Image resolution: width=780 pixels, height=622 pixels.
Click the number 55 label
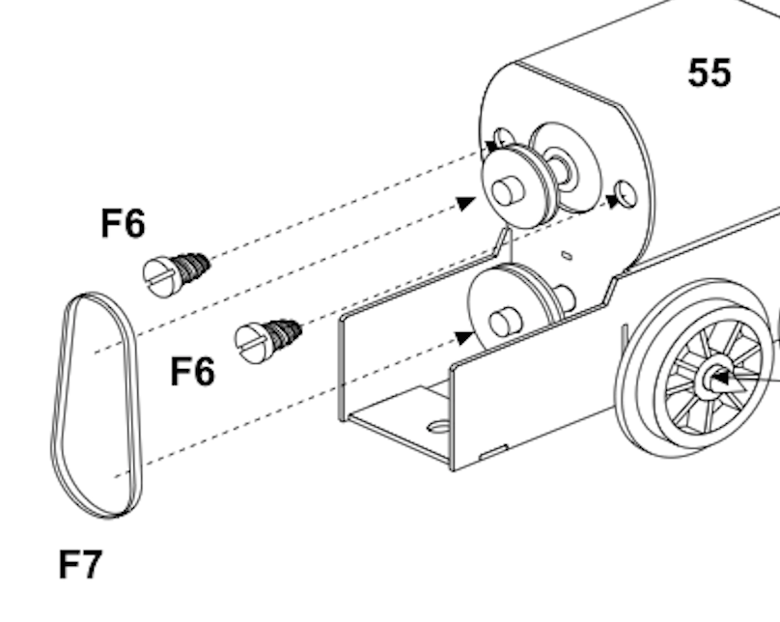pyautogui.click(x=710, y=72)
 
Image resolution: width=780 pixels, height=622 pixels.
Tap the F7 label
pyautogui.click(x=80, y=564)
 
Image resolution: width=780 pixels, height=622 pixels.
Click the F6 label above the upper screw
pyautogui.click(x=123, y=223)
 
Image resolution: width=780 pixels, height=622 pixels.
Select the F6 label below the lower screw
pyautogui.click(x=192, y=371)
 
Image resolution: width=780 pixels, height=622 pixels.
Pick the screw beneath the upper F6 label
pyautogui.click(x=176, y=274)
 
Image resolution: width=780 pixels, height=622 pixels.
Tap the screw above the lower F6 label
pyautogui.click(x=268, y=341)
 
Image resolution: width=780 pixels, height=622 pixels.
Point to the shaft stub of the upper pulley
pyautogui.click(x=508, y=191)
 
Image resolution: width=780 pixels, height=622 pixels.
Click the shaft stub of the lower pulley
pyautogui.click(x=505, y=322)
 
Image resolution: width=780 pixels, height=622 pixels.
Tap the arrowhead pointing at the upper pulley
pyautogui.click(x=466, y=203)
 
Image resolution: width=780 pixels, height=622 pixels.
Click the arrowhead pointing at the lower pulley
pyautogui.click(x=465, y=337)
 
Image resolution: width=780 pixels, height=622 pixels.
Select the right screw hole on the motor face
pyautogui.click(x=626, y=194)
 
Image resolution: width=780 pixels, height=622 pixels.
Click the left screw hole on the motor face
pyautogui.click(x=503, y=138)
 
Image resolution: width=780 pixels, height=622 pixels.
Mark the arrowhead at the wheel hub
pyautogui.click(x=721, y=380)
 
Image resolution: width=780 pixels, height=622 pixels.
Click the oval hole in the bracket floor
pyautogui.click(x=439, y=426)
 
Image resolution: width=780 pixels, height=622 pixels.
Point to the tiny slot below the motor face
pyautogui.click(x=567, y=255)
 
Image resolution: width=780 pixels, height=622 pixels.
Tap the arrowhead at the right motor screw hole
pyautogui.click(x=613, y=202)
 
